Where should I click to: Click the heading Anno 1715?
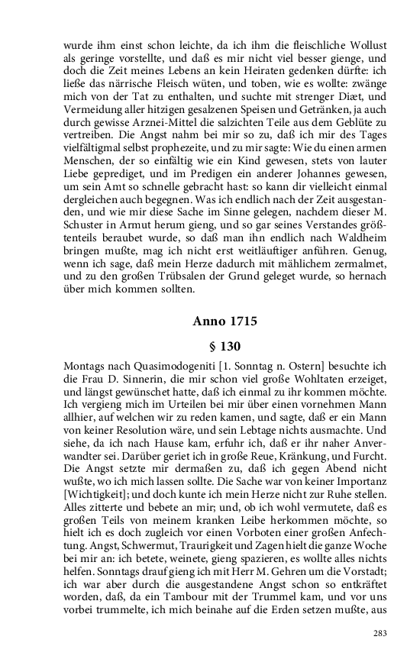pos(225,321)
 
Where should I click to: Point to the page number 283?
pos(380,632)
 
